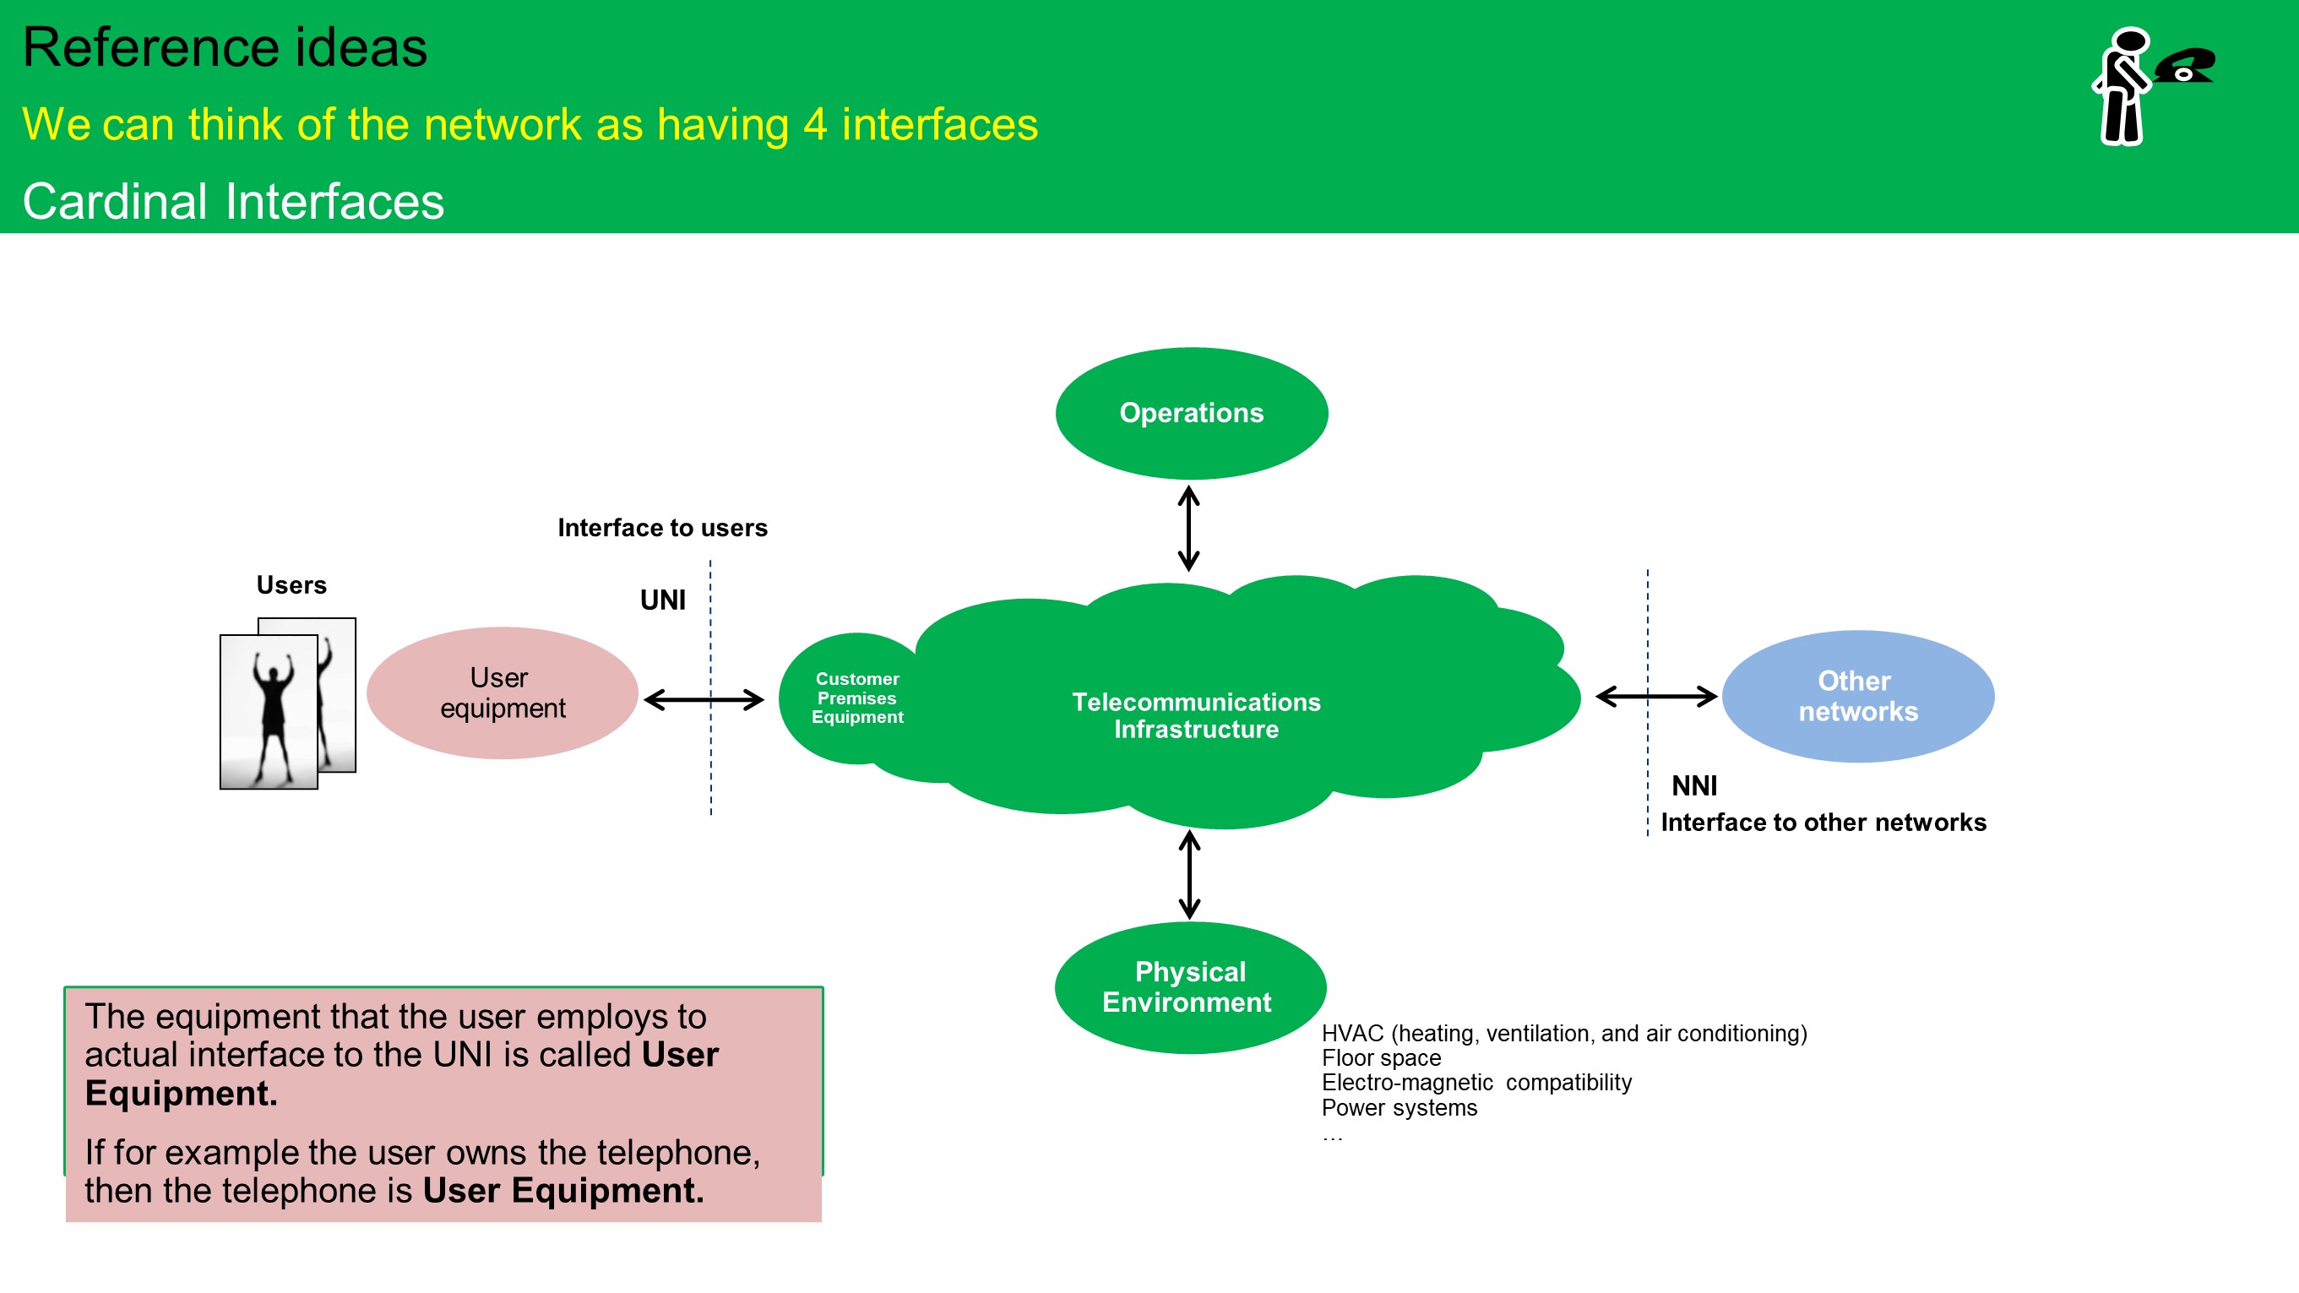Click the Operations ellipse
point(1192,413)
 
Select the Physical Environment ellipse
point(1190,987)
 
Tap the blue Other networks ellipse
point(1857,696)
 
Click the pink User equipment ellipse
point(503,693)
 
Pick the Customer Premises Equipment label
point(856,698)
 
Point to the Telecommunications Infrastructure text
point(1196,715)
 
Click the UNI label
point(663,600)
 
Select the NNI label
point(1694,785)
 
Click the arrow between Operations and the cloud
point(1188,529)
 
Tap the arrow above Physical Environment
point(1190,874)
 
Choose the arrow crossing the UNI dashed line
point(704,699)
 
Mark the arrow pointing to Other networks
point(1656,696)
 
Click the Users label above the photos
point(291,584)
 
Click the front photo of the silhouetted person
point(269,712)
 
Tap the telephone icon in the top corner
point(2183,66)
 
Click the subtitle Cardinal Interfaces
point(233,201)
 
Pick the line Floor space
point(1381,1057)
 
